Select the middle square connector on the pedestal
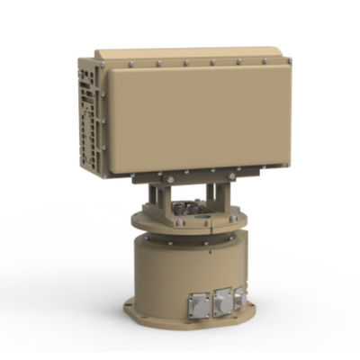(221, 298)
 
